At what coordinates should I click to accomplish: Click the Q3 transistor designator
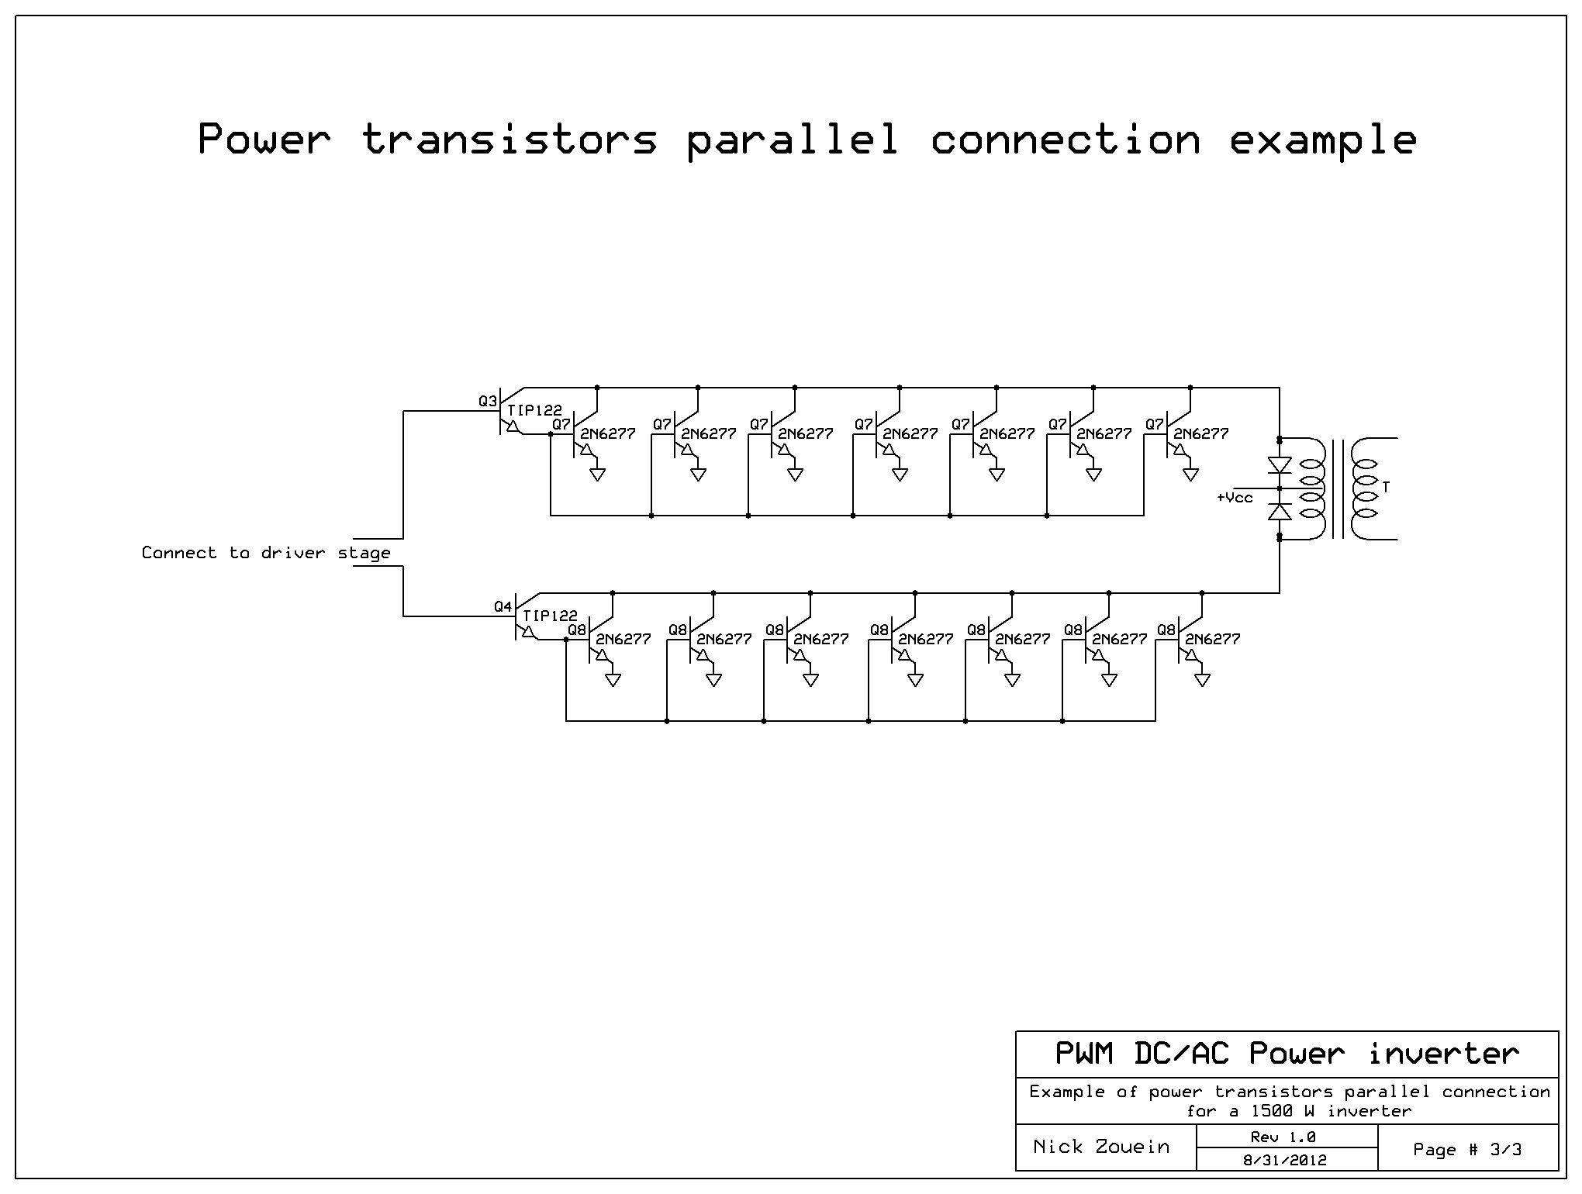click(487, 402)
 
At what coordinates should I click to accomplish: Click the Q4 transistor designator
click(503, 607)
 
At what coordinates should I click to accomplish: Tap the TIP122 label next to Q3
click(535, 411)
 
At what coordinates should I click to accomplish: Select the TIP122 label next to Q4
click(551, 616)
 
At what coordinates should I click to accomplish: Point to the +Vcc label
click(1235, 498)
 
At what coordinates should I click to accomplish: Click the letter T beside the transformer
click(1386, 488)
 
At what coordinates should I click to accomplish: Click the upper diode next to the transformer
click(1279, 465)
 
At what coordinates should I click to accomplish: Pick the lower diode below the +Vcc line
click(1279, 512)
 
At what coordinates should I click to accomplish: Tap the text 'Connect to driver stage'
click(265, 553)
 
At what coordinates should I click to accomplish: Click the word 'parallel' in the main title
click(793, 140)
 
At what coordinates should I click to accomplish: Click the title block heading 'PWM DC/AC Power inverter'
click(1287, 1054)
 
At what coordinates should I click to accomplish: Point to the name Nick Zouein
click(1101, 1147)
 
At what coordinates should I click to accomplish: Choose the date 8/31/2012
click(1286, 1160)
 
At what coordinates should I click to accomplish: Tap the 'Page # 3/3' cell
click(1467, 1149)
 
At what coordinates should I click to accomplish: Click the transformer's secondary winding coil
click(1364, 488)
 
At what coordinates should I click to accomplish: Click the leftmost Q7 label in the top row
click(561, 424)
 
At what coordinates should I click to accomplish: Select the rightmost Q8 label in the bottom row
click(1166, 630)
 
